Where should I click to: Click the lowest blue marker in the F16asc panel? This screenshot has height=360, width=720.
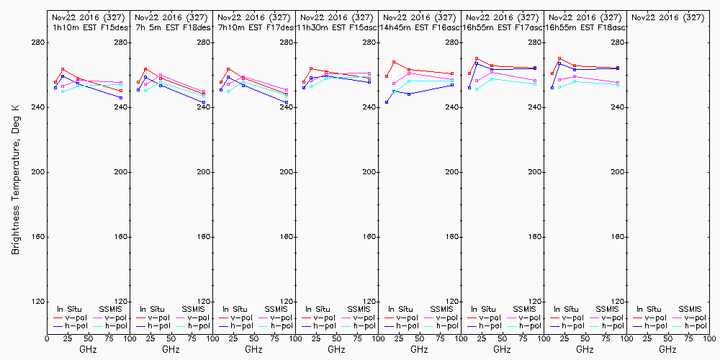coord(387,102)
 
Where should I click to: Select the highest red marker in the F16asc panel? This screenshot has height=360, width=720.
coord(394,62)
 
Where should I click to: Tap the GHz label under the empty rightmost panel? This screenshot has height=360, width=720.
coord(667,350)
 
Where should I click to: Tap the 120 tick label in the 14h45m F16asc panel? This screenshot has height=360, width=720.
coord(452,302)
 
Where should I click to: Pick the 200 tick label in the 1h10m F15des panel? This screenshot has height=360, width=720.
coord(121,172)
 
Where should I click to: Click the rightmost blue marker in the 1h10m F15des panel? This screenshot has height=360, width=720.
coord(121,97)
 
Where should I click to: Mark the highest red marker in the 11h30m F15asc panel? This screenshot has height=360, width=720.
coord(311,68)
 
